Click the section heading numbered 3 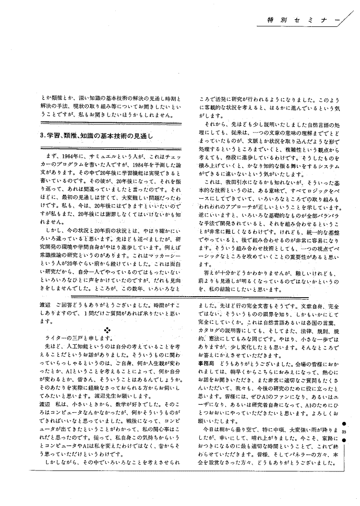click(96, 135)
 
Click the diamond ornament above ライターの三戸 click(108, 330)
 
